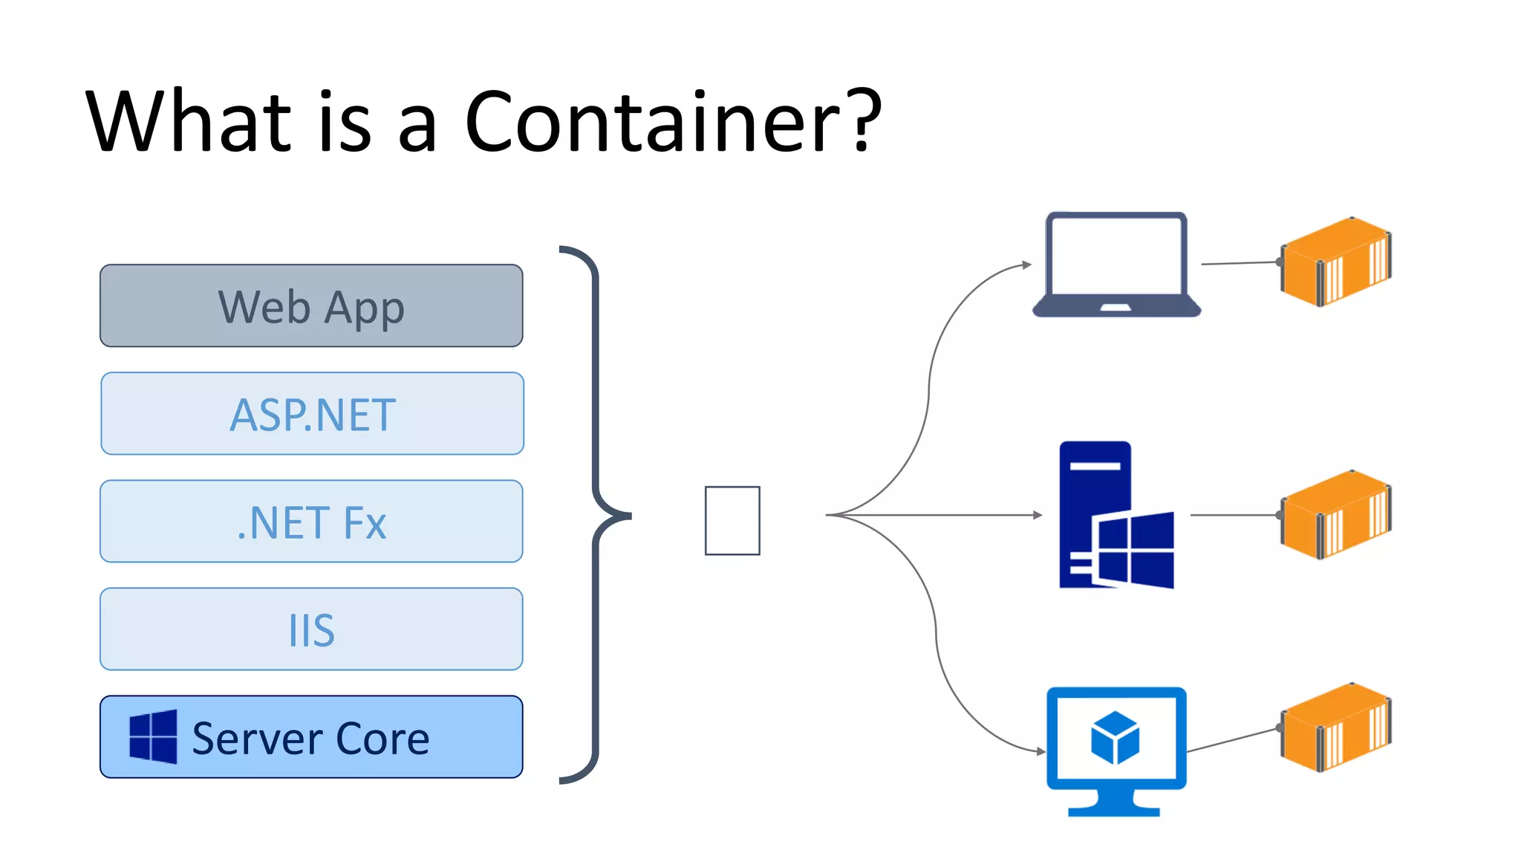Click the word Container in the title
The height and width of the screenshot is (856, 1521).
pyautogui.click(x=654, y=123)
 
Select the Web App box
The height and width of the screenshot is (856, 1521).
pyautogui.click(x=311, y=305)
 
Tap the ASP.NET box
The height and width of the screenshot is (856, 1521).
pyautogui.click(x=312, y=414)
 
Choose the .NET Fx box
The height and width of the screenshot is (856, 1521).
pyautogui.click(x=311, y=522)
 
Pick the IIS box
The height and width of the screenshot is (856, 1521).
pyautogui.click(x=311, y=629)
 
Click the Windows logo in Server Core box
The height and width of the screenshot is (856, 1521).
pyautogui.click(x=153, y=736)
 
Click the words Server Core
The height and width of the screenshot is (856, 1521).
pyautogui.click(x=310, y=739)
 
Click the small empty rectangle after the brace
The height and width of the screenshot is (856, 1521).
pyautogui.click(x=732, y=520)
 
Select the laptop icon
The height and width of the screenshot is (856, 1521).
pyautogui.click(x=1116, y=265)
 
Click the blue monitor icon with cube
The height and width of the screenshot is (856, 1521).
pyautogui.click(x=1115, y=750)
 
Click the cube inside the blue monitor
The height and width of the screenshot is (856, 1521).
pyautogui.click(x=1115, y=738)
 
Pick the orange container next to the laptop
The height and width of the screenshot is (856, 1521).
pyautogui.click(x=1335, y=262)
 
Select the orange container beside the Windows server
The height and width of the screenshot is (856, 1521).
pyautogui.click(x=1335, y=514)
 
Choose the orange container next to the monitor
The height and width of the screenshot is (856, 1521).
pyautogui.click(x=1335, y=727)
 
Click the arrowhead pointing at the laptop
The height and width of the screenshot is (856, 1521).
pyautogui.click(x=1026, y=265)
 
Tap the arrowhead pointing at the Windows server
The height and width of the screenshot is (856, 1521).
pyautogui.click(x=1038, y=515)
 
